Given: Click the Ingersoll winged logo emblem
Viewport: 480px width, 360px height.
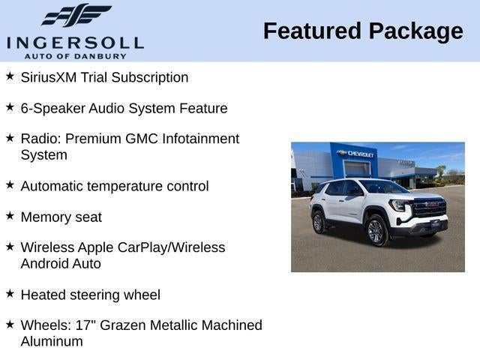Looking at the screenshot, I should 75,15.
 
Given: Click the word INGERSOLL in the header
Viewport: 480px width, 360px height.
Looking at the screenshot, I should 75,42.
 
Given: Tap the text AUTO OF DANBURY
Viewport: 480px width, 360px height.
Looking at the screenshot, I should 75,55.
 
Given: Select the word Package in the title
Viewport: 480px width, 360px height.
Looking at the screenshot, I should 416,31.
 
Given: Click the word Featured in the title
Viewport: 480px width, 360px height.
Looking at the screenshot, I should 311,31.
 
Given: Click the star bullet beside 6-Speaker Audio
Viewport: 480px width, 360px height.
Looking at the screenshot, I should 10,107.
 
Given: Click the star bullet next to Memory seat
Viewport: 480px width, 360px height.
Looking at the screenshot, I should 10,216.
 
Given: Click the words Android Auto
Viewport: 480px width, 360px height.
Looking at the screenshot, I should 61,264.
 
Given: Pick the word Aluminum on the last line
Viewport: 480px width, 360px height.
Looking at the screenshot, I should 52,342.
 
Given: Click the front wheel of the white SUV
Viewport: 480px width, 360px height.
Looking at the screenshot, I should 376,231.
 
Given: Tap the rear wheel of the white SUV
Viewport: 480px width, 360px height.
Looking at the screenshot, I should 318,222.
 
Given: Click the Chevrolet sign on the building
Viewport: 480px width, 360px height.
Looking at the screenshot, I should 357,154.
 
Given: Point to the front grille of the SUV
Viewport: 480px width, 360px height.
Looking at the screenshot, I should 428,208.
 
